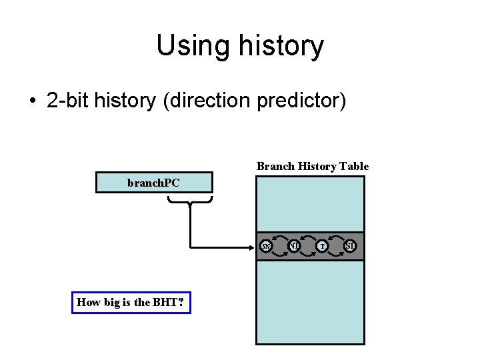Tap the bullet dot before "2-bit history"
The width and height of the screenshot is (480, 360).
tap(32, 101)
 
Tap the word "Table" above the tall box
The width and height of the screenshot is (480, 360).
tap(354, 166)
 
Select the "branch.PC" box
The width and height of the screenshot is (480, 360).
tap(153, 183)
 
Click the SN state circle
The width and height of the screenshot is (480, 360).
tap(266, 247)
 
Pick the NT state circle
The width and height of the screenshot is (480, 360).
tap(294, 247)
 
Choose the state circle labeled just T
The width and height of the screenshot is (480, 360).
tap(323, 247)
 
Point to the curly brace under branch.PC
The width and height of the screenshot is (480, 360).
tap(190, 200)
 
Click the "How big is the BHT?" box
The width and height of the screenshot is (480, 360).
tap(131, 302)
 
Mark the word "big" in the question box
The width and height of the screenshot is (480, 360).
tap(109, 302)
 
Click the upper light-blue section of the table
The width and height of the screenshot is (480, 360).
tap(310, 204)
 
